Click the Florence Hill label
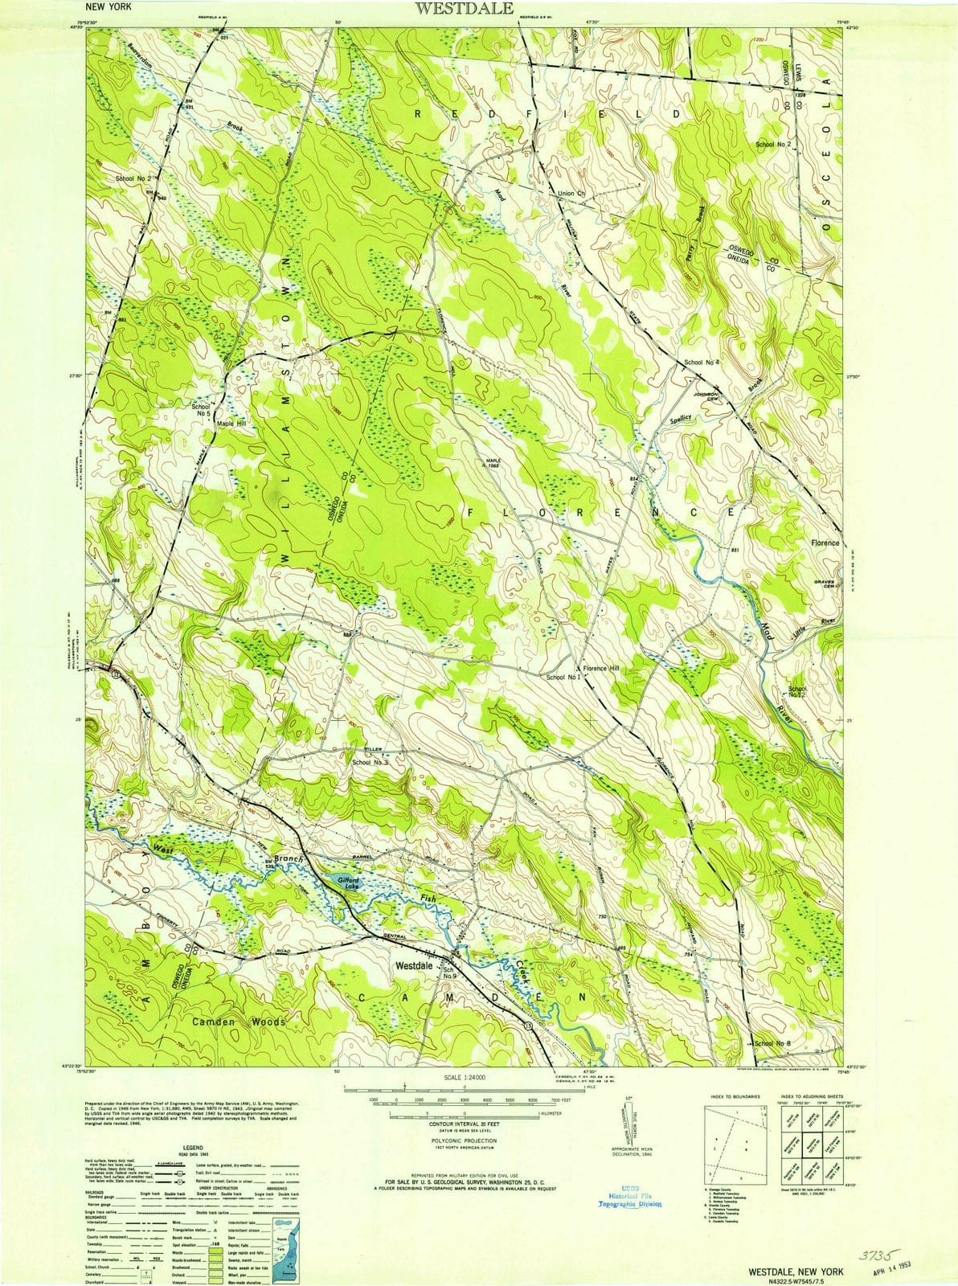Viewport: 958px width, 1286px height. tap(601, 669)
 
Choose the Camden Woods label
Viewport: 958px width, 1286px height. tap(239, 1022)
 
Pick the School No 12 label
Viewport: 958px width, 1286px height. tap(796, 692)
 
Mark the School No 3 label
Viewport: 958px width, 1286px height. tap(370, 761)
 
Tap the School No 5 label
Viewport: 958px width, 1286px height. tap(200, 412)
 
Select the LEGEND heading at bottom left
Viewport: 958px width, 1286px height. tap(192, 1149)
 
